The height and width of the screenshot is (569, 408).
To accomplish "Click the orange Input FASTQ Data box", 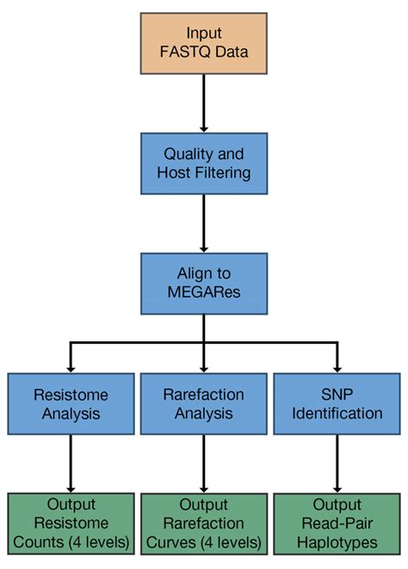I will click(204, 42).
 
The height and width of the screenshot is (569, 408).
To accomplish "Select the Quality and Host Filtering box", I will click(204, 163).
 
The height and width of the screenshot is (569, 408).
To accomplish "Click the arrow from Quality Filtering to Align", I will click(204, 223).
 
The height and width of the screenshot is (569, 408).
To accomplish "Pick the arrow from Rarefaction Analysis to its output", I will click(204, 465).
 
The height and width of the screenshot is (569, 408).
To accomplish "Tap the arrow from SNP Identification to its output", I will click(337, 465).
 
